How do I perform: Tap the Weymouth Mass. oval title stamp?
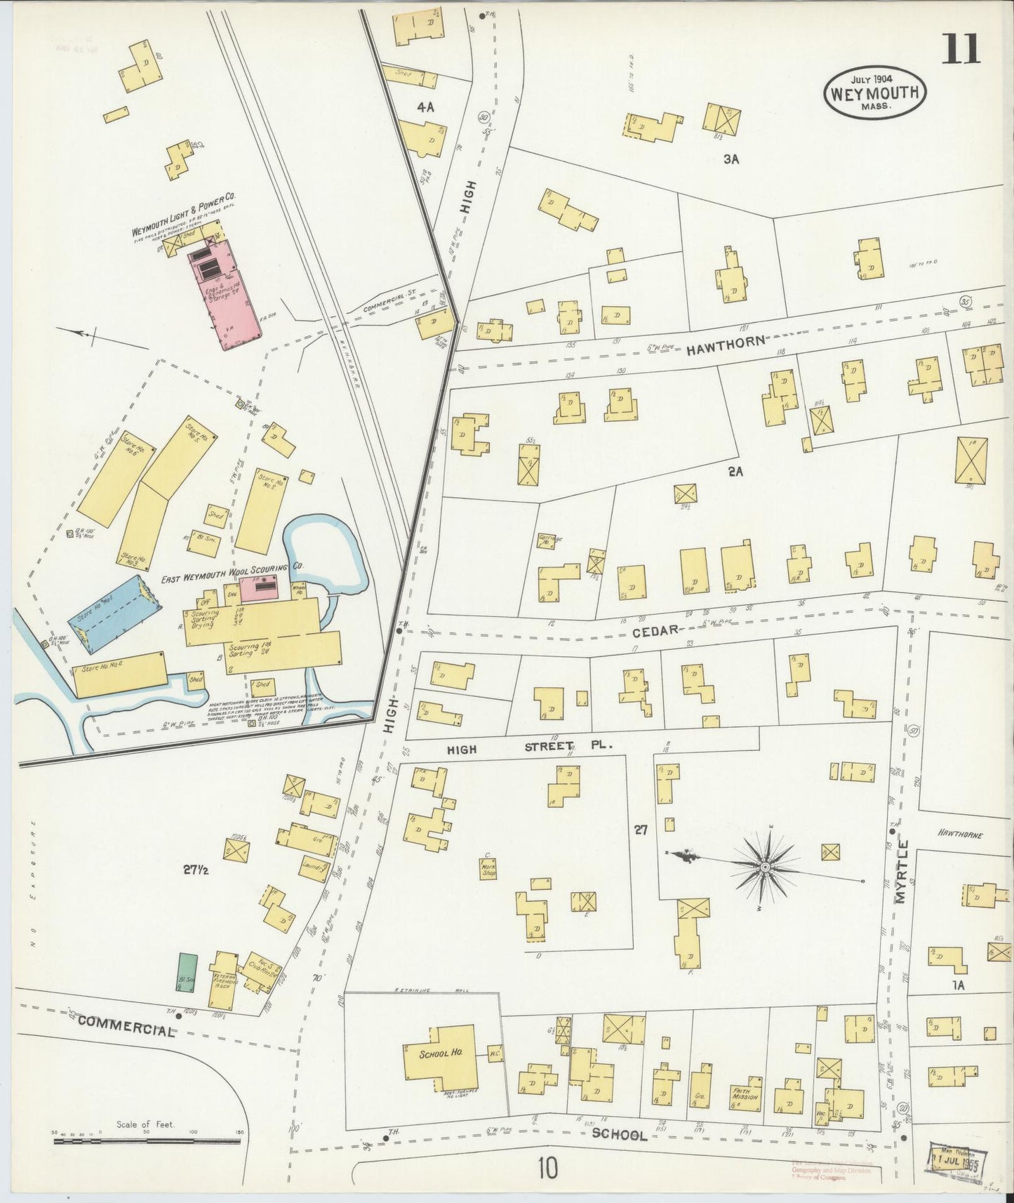coord(875,93)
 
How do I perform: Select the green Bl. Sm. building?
coord(185,972)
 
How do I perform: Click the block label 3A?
coord(732,159)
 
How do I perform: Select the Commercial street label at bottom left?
coord(126,1026)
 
